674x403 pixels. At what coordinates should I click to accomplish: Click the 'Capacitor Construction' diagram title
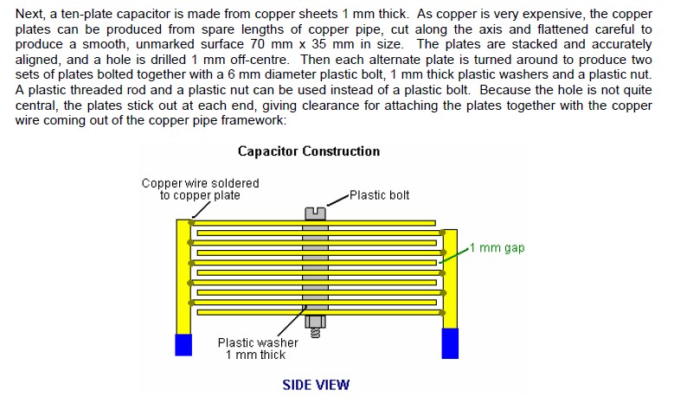tap(309, 151)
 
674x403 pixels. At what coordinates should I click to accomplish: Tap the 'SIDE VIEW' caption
tap(316, 385)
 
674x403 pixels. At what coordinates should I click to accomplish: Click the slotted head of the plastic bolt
tap(315, 214)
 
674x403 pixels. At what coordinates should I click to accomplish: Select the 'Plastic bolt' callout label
tap(379, 195)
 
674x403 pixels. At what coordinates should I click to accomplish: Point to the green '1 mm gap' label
tap(497, 248)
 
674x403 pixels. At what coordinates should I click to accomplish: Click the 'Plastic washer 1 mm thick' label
tap(258, 349)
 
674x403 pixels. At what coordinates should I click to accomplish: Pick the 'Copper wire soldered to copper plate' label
tap(201, 189)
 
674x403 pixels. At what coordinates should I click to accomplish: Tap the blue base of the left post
tap(183, 344)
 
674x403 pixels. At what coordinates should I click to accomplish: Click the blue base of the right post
tap(450, 343)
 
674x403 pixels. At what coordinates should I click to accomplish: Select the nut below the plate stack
tap(315, 322)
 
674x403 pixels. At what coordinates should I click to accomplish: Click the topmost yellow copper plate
tap(313, 223)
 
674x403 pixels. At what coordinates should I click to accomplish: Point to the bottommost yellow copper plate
tap(320, 312)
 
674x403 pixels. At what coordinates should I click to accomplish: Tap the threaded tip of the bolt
tap(315, 333)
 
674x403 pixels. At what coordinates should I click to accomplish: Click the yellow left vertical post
tap(183, 277)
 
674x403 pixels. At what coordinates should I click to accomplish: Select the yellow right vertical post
tap(450, 278)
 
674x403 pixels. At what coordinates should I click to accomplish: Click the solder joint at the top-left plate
tap(191, 222)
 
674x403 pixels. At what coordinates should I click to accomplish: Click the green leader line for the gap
tap(453, 256)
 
